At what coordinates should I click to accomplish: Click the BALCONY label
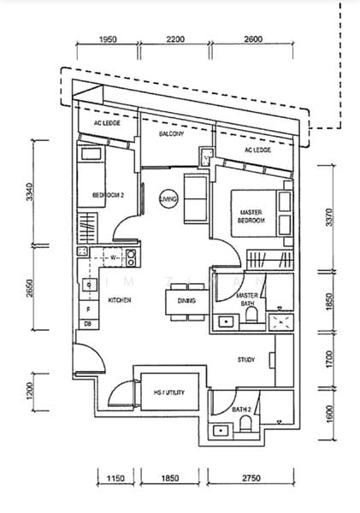tap(172, 134)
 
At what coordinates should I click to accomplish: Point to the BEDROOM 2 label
tap(109, 196)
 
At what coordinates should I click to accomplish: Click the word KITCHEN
tap(119, 300)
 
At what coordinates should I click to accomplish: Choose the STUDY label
tap(246, 360)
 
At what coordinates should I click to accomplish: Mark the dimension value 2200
tap(174, 40)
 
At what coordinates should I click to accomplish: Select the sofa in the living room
tap(195, 199)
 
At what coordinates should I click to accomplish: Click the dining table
tap(182, 302)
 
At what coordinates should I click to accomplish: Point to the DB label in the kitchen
tap(87, 324)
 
